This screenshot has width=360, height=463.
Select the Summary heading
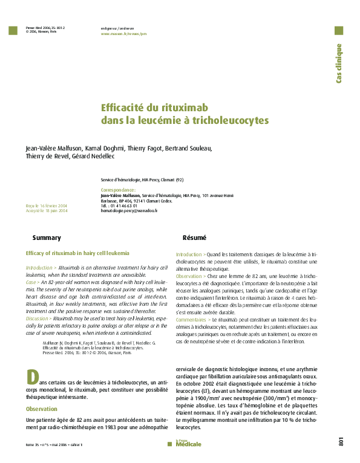pos(47,238)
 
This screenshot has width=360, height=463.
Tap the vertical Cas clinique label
pos(339,63)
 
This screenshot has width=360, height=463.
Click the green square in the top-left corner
pos(14,30)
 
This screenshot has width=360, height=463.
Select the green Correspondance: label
pos(118,190)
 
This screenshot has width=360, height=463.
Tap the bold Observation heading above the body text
pos(42,409)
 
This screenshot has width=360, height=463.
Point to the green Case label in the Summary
pos(31,282)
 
